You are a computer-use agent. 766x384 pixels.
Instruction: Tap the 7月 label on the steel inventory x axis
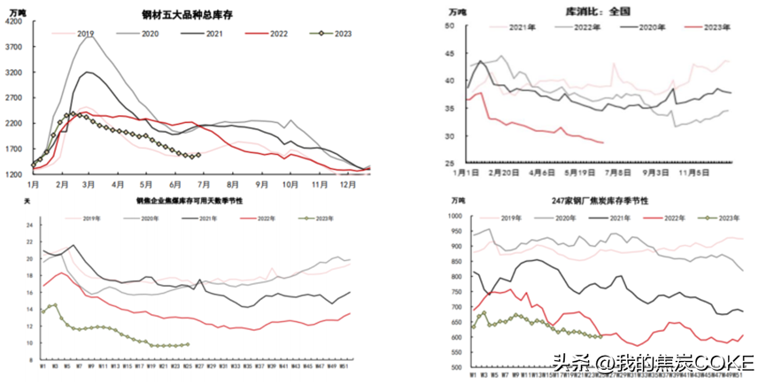[x=204, y=184]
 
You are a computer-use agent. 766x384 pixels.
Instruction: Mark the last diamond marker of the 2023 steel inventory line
[x=197, y=155]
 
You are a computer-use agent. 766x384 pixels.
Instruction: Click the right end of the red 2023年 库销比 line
[x=603, y=142]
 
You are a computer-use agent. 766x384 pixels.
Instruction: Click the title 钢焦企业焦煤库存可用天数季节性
[x=190, y=203]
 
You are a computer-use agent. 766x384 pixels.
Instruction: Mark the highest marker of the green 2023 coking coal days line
[x=56, y=305]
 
